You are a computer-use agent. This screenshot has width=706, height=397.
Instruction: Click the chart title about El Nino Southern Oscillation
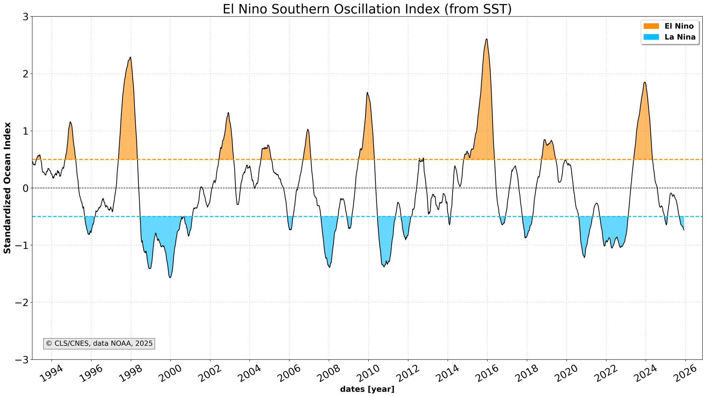click(367, 9)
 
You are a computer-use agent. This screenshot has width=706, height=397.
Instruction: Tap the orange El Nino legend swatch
click(651, 26)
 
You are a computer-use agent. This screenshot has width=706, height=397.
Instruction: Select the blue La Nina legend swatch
click(651, 37)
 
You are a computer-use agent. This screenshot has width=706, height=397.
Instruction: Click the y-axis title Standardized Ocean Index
click(7, 188)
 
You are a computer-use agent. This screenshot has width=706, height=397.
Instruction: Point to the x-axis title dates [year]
click(367, 389)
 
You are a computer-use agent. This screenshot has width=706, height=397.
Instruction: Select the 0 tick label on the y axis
click(25, 188)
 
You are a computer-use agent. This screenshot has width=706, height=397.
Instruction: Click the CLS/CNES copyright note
click(99, 344)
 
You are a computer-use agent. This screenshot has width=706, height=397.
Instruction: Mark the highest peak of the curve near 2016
click(486, 39)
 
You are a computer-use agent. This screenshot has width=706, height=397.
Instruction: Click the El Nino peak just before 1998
click(130, 57)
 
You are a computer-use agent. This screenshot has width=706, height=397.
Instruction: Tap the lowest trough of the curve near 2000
click(170, 278)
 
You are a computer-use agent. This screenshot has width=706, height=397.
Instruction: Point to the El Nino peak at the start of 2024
click(645, 82)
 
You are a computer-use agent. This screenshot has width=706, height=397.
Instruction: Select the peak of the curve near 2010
click(367, 92)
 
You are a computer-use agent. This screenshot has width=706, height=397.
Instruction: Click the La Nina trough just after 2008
click(329, 267)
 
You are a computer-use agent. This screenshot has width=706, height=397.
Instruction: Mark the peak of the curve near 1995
click(70, 122)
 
